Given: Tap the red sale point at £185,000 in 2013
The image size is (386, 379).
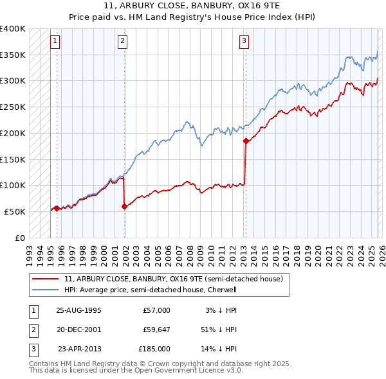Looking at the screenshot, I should [x=245, y=141].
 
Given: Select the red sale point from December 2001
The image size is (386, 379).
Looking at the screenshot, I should [x=124, y=206].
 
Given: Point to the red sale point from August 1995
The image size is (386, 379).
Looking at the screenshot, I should [x=57, y=208].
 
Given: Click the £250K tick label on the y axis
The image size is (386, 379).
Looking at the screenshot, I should [x=13, y=107].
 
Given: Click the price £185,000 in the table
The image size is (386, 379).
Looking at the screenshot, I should [x=154, y=349].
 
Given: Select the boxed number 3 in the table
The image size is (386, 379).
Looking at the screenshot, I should [x=32, y=349].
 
